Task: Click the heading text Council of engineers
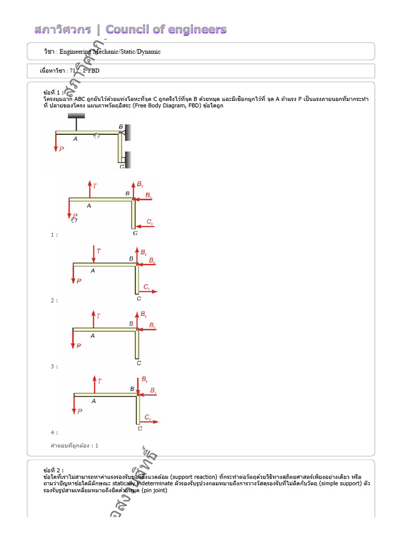click(x=166, y=29)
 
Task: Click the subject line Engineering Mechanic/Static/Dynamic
click(x=110, y=52)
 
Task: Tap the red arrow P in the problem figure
click(x=55, y=143)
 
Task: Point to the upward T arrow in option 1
click(x=89, y=189)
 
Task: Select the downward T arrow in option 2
click(x=93, y=254)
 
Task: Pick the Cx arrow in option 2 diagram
click(x=148, y=292)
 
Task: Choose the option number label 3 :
click(x=54, y=367)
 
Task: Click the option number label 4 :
click(x=54, y=433)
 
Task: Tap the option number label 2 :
click(x=54, y=300)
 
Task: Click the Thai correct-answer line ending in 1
click(x=74, y=446)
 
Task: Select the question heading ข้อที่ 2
click(x=54, y=470)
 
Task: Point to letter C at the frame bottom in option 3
click(x=138, y=363)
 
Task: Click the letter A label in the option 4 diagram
click(x=93, y=401)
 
